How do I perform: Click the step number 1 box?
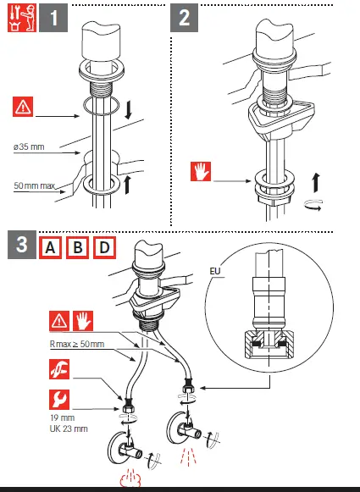(x=53, y=18)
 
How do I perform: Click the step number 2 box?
(x=185, y=18)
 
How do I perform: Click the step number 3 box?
(x=22, y=245)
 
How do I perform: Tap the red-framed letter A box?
(x=50, y=248)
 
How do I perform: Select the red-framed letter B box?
(x=77, y=248)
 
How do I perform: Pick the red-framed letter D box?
(x=104, y=248)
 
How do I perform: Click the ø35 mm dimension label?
(x=29, y=146)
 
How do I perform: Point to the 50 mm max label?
(x=35, y=185)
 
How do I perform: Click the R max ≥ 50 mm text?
(x=77, y=344)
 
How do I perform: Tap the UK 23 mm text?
(x=69, y=428)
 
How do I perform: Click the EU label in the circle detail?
(x=215, y=271)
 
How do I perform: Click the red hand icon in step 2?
(x=201, y=171)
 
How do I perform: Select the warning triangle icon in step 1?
(x=23, y=107)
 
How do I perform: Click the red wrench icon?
(x=59, y=400)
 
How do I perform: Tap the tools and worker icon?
(x=22, y=18)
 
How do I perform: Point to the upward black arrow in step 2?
(x=316, y=182)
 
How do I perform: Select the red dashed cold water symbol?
(x=188, y=456)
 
